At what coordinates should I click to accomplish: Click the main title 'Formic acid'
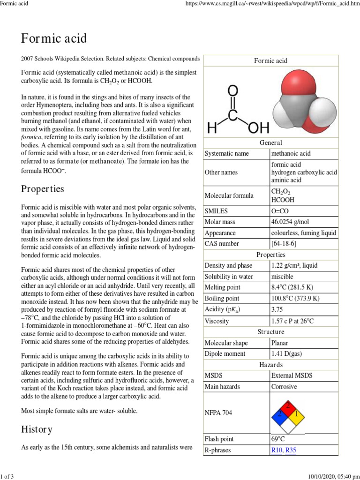click(x=54, y=38)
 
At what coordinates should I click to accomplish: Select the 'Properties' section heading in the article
click(x=43, y=189)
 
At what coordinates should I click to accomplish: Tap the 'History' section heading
click(x=37, y=429)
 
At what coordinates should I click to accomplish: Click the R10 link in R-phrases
click(x=277, y=450)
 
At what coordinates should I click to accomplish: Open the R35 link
click(x=291, y=450)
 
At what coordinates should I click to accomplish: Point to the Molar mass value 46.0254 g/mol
click(x=291, y=222)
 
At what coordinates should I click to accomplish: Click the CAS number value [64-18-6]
click(x=284, y=244)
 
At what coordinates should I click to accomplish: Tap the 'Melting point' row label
click(x=223, y=287)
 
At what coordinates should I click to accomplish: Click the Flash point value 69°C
click(x=278, y=439)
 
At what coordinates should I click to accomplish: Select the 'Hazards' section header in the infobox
click(x=270, y=365)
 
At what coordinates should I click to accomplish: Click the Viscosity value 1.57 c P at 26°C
click(x=292, y=321)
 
